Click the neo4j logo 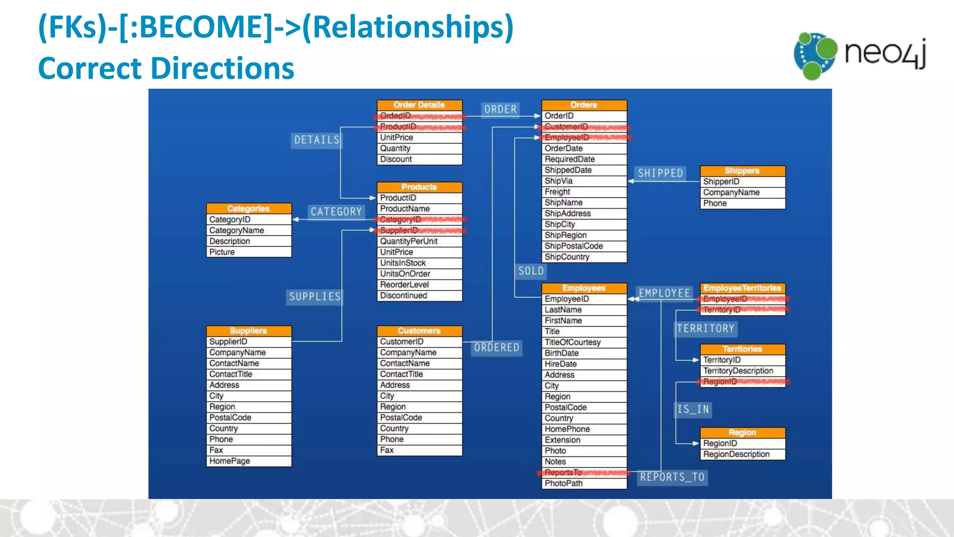(860, 55)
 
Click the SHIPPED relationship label (660, 173)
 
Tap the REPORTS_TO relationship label (672, 477)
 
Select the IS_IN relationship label (693, 409)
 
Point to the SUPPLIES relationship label (315, 296)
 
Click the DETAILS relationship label (316, 140)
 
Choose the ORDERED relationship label (496, 348)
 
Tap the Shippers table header (742, 171)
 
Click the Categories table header (249, 208)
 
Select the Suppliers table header (249, 330)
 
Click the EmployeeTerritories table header (742, 288)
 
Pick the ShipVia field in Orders (559, 181)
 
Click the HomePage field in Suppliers (230, 461)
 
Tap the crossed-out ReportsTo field (564, 472)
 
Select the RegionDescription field (736, 454)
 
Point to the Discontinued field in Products (403, 296)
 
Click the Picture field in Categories (222, 252)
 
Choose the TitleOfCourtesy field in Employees (572, 342)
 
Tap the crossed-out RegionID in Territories (720, 382)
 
